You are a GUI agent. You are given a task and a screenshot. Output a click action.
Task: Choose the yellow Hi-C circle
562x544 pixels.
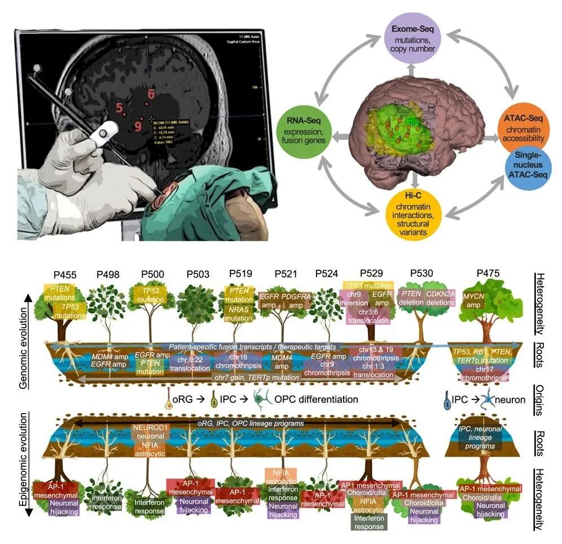(x=412, y=213)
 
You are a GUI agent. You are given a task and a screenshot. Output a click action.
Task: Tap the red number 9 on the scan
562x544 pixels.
(x=138, y=125)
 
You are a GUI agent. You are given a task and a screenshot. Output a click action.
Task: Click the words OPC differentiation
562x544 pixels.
(x=316, y=400)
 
